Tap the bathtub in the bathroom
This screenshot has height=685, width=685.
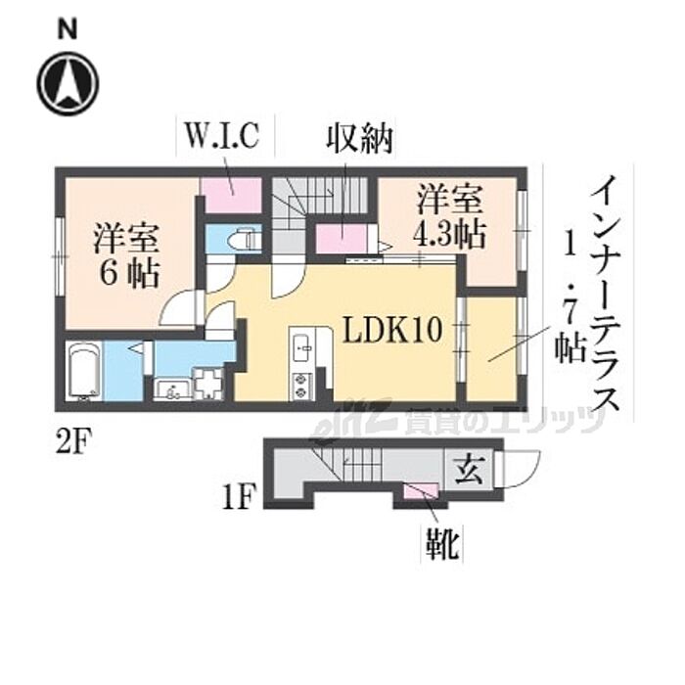tap(84, 373)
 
